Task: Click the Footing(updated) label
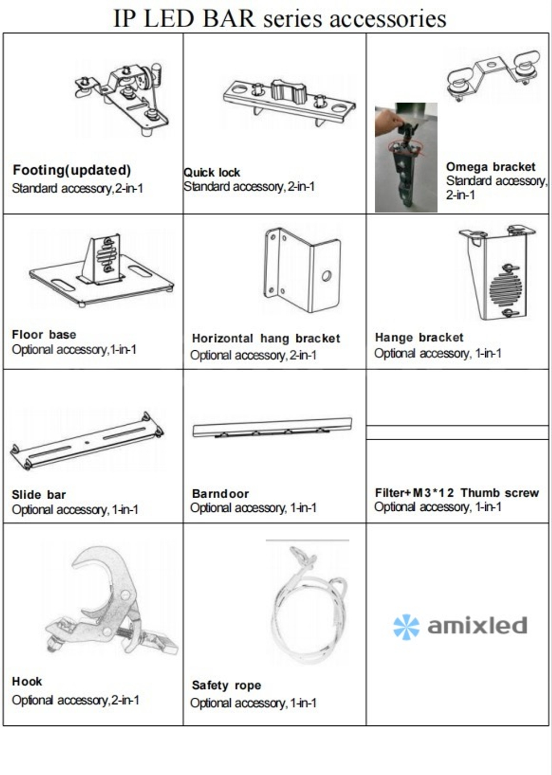click(x=72, y=170)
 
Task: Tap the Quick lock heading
click(x=211, y=172)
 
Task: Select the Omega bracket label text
click(x=490, y=167)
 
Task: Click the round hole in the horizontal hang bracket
click(x=326, y=276)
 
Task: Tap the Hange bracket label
click(x=419, y=338)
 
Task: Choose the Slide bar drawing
click(x=87, y=440)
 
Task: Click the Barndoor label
click(x=220, y=494)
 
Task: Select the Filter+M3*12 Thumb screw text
click(x=457, y=493)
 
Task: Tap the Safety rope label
click(x=226, y=686)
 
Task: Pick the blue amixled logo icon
click(x=406, y=627)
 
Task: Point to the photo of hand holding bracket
click(x=406, y=157)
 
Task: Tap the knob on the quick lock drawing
click(x=286, y=90)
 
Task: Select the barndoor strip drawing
click(x=272, y=428)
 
